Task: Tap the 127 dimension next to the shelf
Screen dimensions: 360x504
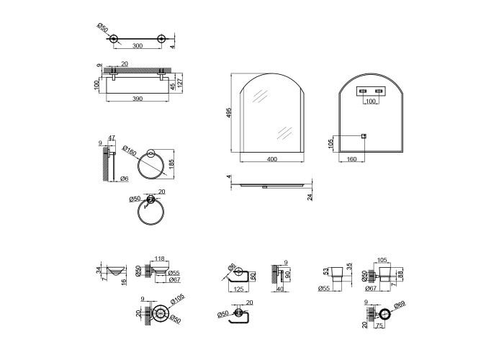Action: tap(181, 83)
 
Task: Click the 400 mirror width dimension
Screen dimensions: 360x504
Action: tap(270, 158)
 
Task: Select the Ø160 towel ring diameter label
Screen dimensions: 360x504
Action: tap(130, 152)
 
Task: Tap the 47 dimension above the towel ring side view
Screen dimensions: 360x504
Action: tap(112, 137)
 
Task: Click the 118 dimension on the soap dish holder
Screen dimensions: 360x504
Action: tap(160, 258)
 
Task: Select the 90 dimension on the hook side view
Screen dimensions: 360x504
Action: tap(289, 274)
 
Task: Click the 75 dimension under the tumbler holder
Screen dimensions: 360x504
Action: tap(379, 325)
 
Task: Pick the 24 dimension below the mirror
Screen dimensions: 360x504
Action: tap(310, 197)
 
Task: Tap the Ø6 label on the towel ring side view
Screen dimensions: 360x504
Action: tap(124, 178)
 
